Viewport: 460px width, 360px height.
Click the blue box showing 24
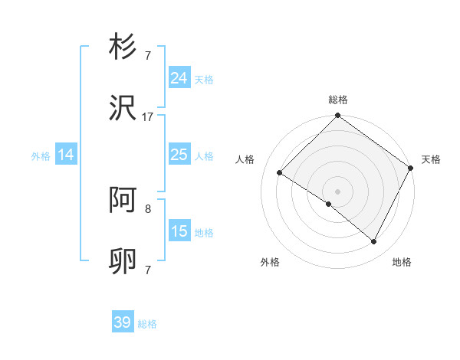point(179,78)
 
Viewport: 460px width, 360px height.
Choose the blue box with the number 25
point(179,155)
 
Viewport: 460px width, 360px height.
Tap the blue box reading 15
point(179,231)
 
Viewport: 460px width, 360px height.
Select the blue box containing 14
point(66,155)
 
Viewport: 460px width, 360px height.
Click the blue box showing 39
point(123,322)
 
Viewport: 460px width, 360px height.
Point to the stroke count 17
point(148,117)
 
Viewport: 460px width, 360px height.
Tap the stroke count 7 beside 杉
point(148,55)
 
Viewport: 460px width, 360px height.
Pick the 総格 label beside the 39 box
point(147,324)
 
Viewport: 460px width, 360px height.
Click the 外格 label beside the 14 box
point(41,156)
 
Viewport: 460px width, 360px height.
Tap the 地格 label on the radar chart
point(402,262)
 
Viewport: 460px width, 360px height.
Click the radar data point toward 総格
point(337,116)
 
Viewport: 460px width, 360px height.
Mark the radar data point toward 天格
point(410,168)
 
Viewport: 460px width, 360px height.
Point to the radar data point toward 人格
point(280,172)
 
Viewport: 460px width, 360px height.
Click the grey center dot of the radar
point(337,191)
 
